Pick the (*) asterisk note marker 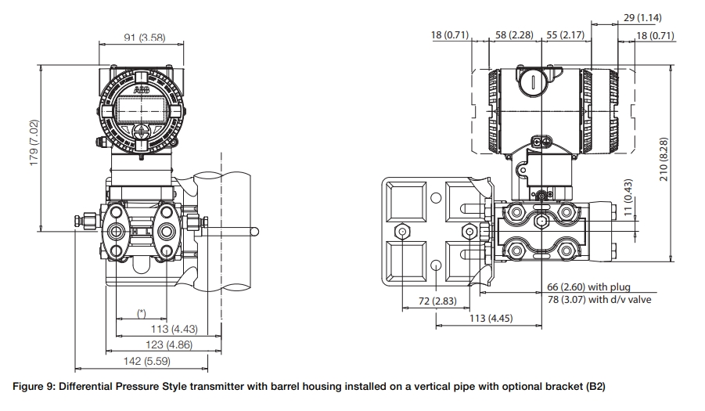(x=141, y=313)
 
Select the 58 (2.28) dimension (x=515, y=35)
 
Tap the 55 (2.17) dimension (x=563, y=35)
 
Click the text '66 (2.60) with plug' (x=588, y=287)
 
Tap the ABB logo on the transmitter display (x=142, y=92)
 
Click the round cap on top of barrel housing (x=531, y=81)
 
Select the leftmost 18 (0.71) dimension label (x=450, y=35)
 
